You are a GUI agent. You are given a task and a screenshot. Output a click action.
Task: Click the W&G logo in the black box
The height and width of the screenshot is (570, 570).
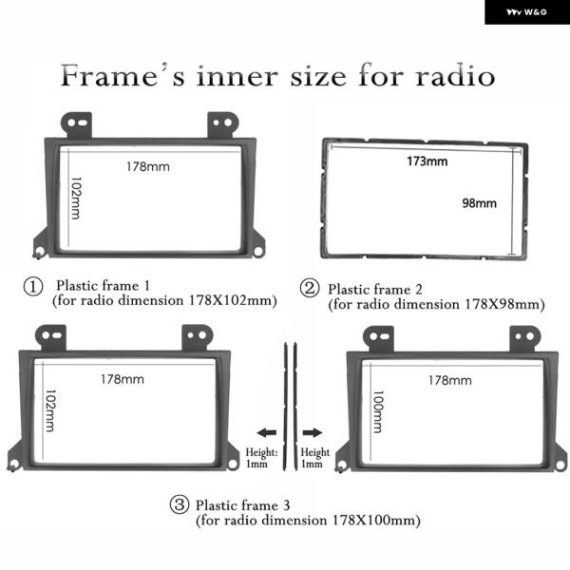pyautogui.click(x=526, y=12)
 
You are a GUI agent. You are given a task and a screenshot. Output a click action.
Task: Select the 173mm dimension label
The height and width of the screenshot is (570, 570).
pyautogui.click(x=427, y=161)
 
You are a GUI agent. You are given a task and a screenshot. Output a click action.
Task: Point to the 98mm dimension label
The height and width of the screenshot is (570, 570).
pyautogui.click(x=479, y=203)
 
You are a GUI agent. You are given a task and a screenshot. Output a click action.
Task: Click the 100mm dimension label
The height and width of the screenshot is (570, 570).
pyautogui.click(x=378, y=412)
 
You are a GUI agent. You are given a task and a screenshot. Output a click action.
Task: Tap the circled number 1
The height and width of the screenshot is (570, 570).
pyautogui.click(x=33, y=286)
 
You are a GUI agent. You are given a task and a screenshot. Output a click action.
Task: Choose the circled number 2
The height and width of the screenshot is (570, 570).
pyautogui.click(x=310, y=288)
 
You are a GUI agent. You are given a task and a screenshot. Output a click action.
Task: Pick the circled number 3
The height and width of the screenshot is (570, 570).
pyautogui.click(x=180, y=504)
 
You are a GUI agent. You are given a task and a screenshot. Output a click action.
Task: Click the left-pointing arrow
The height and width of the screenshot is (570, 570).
pyautogui.click(x=266, y=432)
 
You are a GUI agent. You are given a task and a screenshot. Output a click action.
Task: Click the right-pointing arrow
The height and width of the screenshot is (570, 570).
pyautogui.click(x=313, y=432)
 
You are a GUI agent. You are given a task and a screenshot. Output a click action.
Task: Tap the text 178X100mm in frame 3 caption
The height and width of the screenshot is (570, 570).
pyautogui.click(x=376, y=521)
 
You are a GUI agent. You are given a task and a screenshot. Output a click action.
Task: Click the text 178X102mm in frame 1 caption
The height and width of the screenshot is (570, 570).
pyautogui.click(x=233, y=300)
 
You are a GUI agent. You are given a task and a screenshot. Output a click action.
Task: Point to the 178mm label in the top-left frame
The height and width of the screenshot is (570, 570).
pyautogui.click(x=148, y=167)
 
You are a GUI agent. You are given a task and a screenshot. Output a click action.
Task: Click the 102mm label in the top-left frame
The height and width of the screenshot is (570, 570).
pyautogui.click(x=76, y=199)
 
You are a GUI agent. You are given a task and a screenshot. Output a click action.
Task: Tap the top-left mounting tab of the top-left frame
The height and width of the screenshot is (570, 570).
pyautogui.click(x=77, y=124)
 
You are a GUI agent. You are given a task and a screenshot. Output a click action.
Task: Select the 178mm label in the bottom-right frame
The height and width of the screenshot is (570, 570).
pyautogui.click(x=450, y=380)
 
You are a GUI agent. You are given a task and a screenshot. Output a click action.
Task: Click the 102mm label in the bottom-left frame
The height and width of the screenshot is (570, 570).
pyautogui.click(x=50, y=410)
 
